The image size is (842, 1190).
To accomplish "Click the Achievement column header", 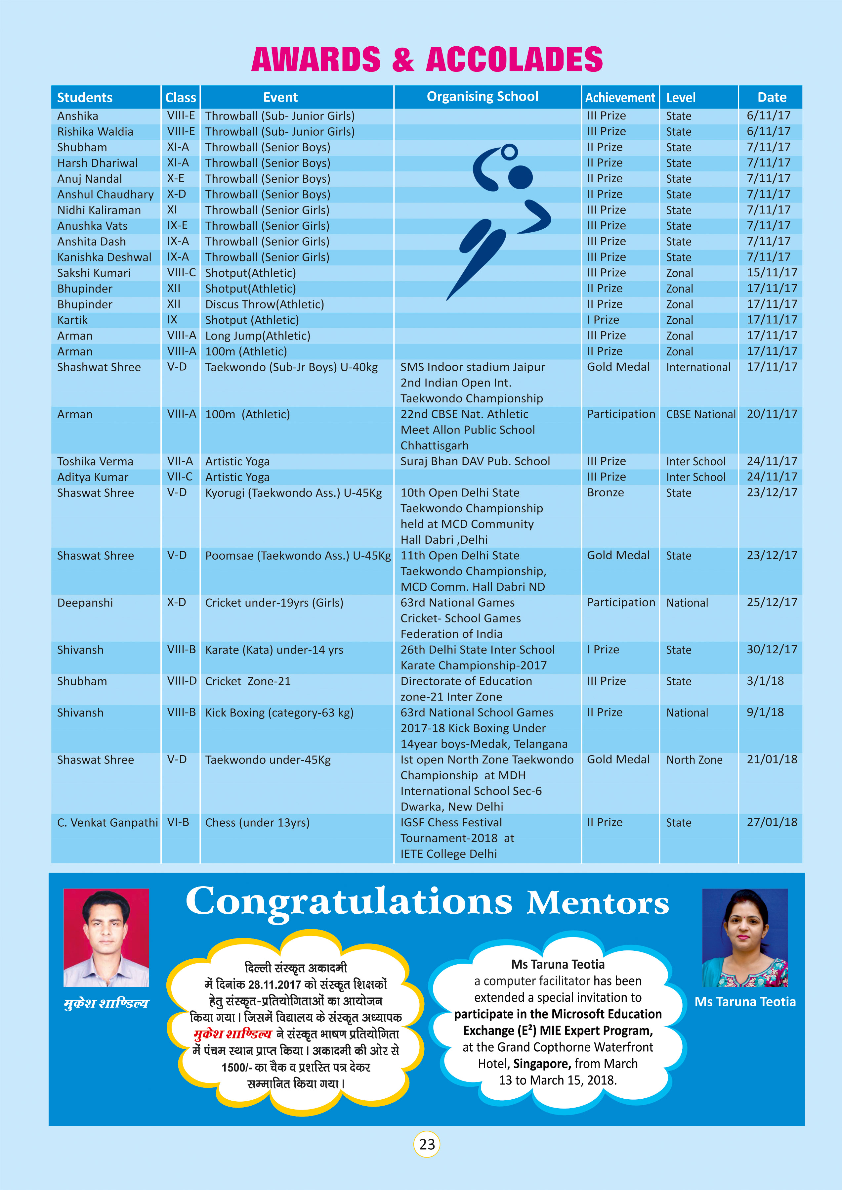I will pyautogui.click(x=620, y=98).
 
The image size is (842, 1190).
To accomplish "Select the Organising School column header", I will pyautogui.click(x=482, y=97).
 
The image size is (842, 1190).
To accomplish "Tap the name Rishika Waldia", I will pyautogui.click(x=95, y=132).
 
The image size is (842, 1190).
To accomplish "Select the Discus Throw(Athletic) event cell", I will pyautogui.click(x=265, y=304).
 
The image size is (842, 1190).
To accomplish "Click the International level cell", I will pyautogui.click(x=698, y=367).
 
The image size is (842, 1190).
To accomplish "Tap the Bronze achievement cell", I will pyautogui.click(x=605, y=492).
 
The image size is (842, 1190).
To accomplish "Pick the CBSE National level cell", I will pyautogui.click(x=700, y=414).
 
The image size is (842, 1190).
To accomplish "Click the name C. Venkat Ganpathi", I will pyautogui.click(x=107, y=822).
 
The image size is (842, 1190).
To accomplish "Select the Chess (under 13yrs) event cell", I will pyautogui.click(x=257, y=822).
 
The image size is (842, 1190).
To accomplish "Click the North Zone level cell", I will pyautogui.click(x=694, y=759).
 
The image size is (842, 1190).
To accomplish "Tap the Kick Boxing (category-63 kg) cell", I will pyautogui.click(x=279, y=713).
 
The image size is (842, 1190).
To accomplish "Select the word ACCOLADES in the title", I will pyautogui.click(x=514, y=59).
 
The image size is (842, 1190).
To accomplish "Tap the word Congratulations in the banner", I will pyautogui.click(x=349, y=901).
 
